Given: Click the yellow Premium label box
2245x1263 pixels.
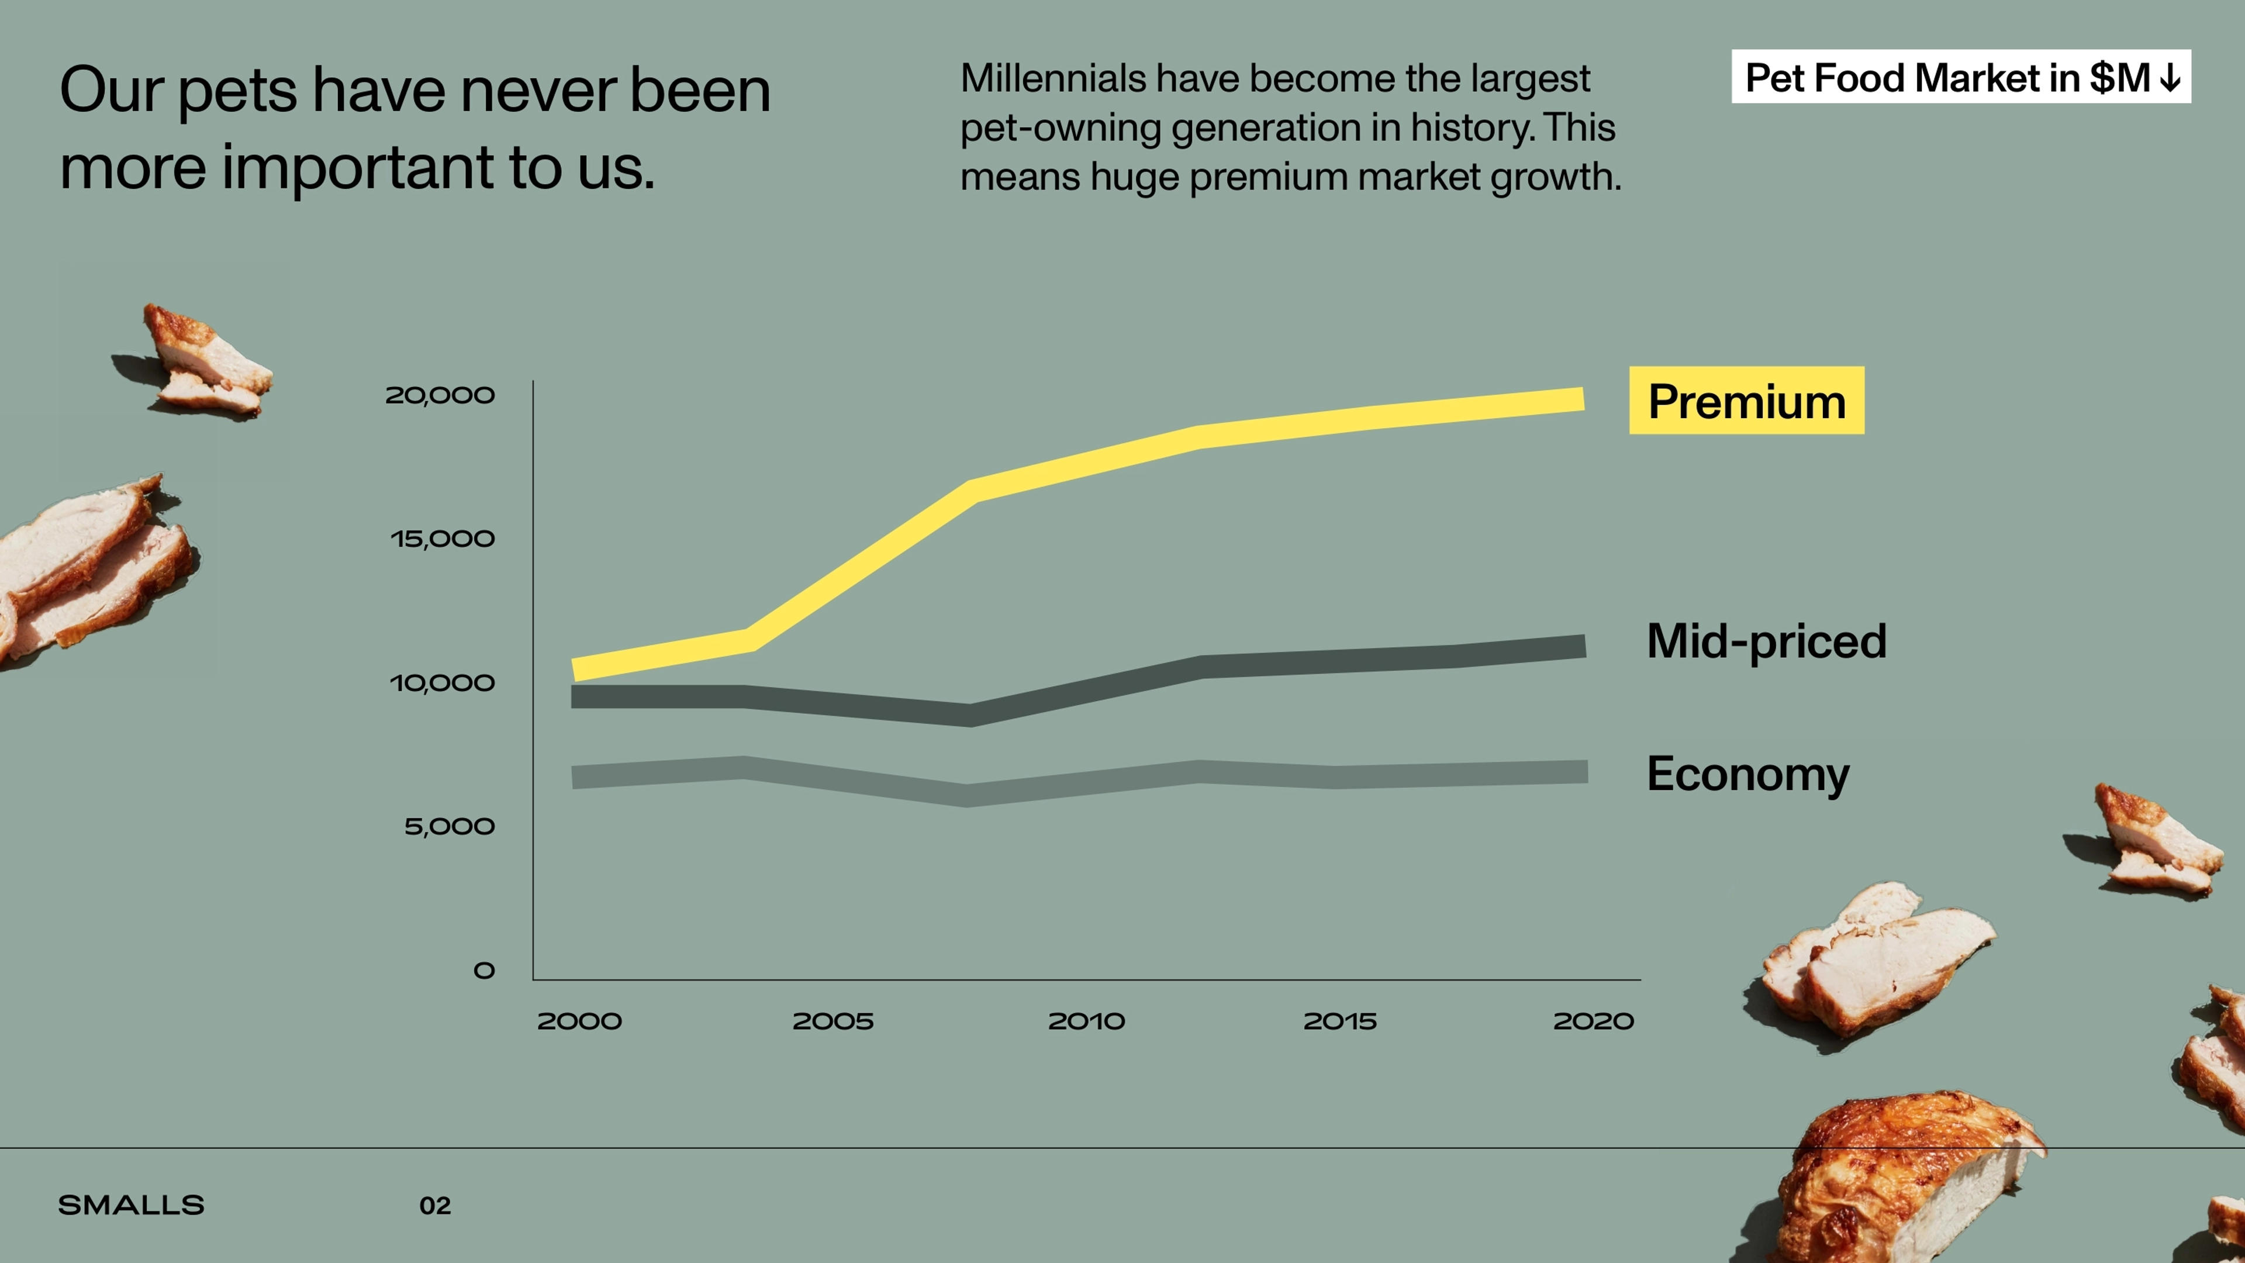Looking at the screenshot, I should (x=1746, y=401).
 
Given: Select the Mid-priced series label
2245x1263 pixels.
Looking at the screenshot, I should (x=1766, y=641).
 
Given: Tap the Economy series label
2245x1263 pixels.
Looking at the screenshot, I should (x=1747, y=774).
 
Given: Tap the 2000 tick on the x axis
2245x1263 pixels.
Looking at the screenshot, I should (x=579, y=1022).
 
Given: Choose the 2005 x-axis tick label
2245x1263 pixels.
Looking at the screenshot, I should (x=833, y=1022).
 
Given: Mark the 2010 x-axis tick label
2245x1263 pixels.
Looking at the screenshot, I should (x=1086, y=1022).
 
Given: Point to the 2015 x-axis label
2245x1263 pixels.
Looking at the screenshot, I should (x=1339, y=1022).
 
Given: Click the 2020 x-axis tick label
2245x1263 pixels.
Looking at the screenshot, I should (x=1593, y=1022).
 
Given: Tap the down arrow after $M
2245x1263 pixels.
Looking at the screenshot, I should (x=2171, y=78).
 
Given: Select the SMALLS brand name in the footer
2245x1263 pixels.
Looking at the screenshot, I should (x=131, y=1206).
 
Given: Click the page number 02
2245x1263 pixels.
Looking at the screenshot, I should (x=435, y=1206).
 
